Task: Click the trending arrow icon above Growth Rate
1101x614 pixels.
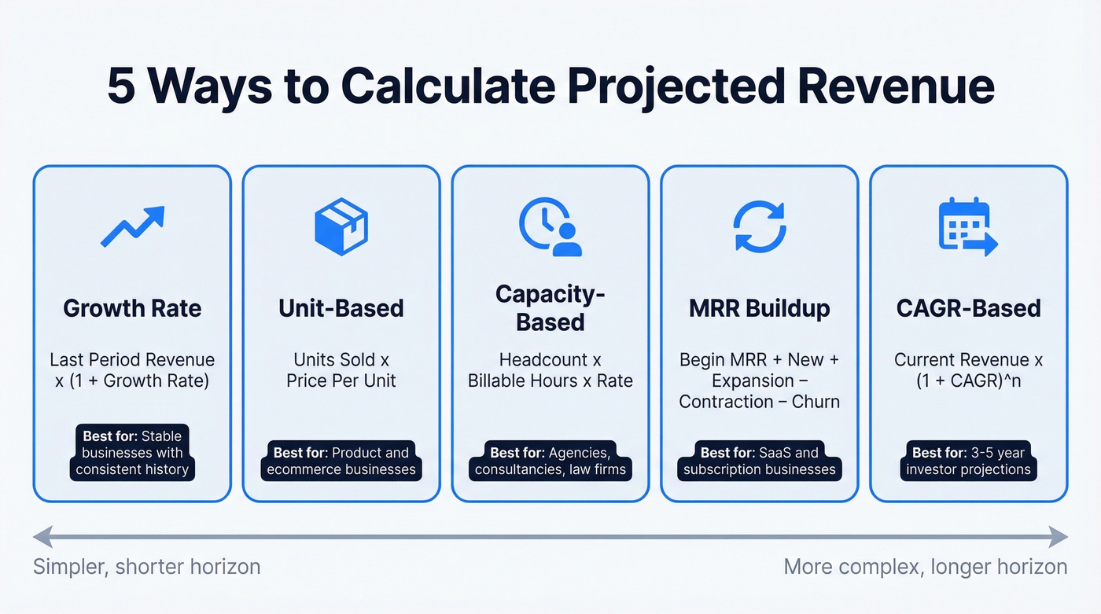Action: (132, 226)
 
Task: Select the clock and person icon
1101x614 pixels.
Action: (550, 226)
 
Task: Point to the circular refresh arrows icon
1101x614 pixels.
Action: (759, 226)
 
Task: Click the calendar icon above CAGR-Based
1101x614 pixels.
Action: (968, 226)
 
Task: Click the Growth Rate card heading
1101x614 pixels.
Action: (132, 308)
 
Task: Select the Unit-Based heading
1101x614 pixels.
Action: (341, 308)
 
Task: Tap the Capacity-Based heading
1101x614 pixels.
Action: (550, 308)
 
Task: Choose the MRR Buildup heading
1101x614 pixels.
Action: (759, 308)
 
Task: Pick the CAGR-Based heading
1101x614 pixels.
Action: (968, 308)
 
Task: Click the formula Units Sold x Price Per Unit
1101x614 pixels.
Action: (341, 370)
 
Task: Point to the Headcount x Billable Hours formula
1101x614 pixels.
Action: (550, 370)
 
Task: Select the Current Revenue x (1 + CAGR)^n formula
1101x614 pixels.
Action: (968, 370)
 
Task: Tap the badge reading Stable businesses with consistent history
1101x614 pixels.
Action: (132, 453)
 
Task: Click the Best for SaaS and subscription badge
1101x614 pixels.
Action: (759, 461)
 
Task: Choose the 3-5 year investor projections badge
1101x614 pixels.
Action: (968, 461)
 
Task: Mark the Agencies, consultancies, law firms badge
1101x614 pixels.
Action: (550, 461)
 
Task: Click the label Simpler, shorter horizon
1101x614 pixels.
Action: (146, 567)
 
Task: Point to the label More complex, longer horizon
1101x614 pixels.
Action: (926, 567)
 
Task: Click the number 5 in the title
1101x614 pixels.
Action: (121, 87)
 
